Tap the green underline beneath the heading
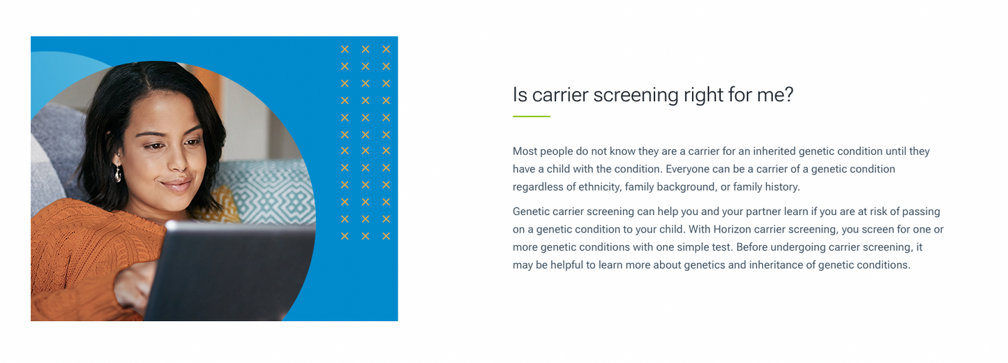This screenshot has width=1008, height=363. [531, 117]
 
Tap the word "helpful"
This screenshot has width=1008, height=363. [570, 265]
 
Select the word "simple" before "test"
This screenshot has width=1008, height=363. [691, 247]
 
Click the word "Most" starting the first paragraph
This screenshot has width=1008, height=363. [525, 151]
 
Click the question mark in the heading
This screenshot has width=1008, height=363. [788, 94]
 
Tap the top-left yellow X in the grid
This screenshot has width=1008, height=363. [345, 49]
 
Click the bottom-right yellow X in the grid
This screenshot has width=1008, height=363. [386, 236]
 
